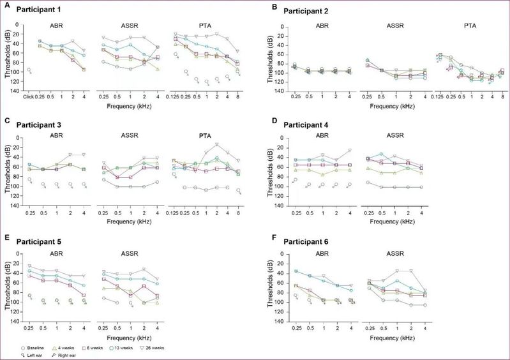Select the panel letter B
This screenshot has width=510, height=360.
274,8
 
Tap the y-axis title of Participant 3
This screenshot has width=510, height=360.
8,169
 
